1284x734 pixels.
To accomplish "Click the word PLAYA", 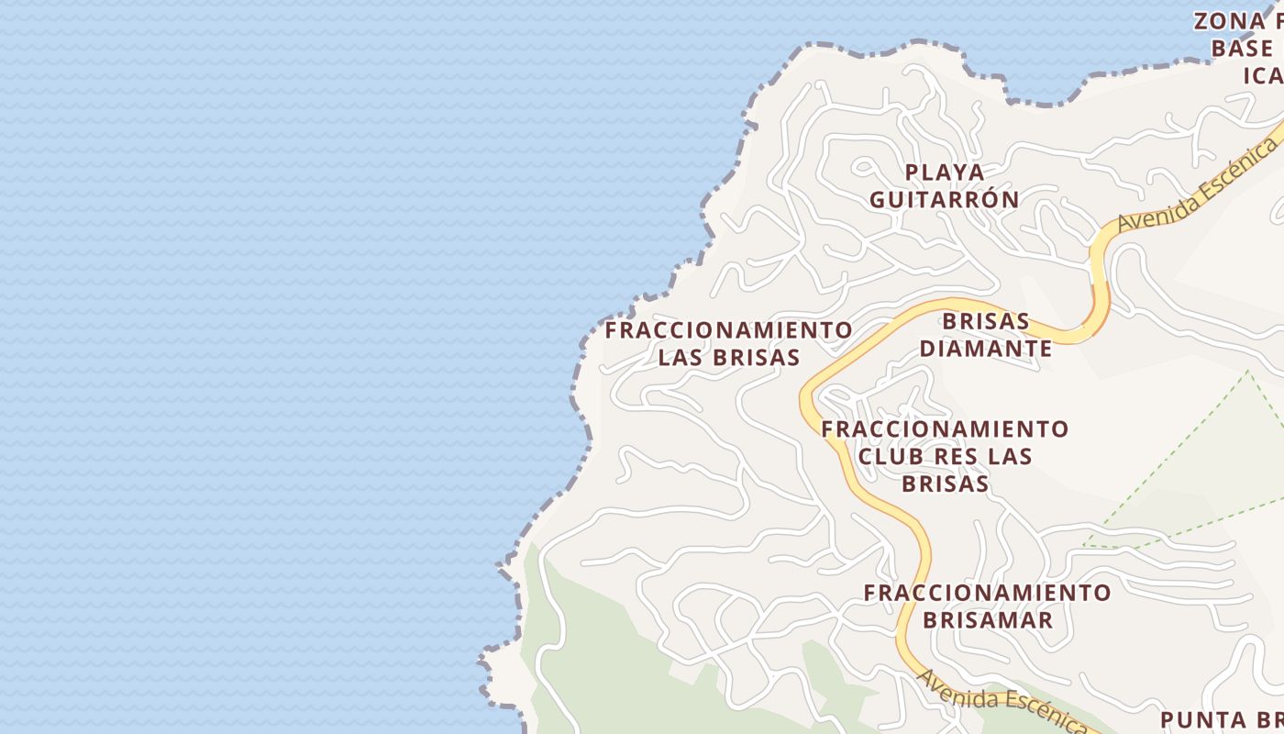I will pos(945,172).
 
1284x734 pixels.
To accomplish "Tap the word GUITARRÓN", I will pos(944,199).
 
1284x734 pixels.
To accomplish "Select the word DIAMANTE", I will pos(986,349).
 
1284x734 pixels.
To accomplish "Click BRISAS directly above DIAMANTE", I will pos(986,322).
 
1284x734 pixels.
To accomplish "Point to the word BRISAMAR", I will pos(987,619).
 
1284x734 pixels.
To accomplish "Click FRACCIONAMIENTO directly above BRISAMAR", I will pos(987,593).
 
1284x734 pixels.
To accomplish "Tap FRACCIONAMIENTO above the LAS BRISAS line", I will pos(728,330).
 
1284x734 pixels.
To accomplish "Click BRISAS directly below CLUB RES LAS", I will pos(945,484).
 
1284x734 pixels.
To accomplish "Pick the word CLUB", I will pos(889,456).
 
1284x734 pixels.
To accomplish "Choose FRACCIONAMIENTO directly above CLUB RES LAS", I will pos(945,429).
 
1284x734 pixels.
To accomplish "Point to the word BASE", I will pos(1242,48).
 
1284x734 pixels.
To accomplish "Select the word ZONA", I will pos(1229,21).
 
